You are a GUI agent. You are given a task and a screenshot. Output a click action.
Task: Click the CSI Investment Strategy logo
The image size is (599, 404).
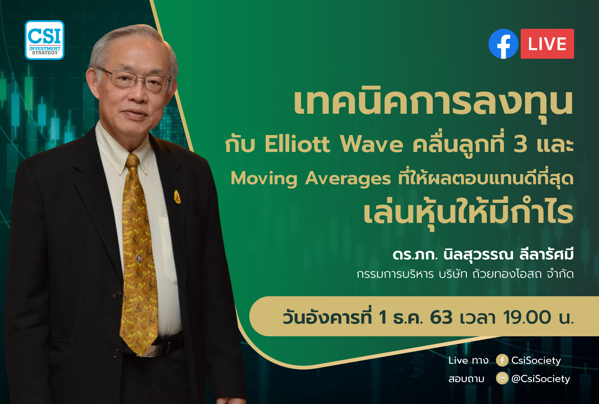pos(45,40)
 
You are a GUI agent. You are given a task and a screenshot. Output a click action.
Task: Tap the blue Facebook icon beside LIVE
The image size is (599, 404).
pos(503,44)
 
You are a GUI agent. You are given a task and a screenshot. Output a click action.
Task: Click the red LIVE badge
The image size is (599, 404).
pos(547,44)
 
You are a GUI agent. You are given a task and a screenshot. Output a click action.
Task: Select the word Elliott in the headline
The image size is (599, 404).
pos(297,144)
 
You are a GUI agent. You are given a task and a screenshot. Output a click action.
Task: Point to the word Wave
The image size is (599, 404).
pos(371,145)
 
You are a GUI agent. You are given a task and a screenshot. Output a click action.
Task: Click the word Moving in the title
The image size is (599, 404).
pos(264,179)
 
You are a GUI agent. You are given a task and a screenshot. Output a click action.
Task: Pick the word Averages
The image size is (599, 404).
pos(348,179)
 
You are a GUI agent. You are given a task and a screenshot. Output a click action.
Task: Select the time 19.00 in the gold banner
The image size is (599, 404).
pos(527,318)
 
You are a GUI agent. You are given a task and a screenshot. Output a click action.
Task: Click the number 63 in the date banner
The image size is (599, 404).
pos(441,318)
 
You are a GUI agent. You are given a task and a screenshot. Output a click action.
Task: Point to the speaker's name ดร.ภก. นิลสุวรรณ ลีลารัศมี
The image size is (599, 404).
pos(483,254)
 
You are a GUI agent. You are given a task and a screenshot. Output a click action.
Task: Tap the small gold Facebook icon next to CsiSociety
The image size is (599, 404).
pos(502,360)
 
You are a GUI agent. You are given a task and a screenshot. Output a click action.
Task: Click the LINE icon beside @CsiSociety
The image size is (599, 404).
pos(502,378)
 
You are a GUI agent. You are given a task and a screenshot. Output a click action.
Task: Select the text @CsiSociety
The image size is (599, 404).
pos(541,379)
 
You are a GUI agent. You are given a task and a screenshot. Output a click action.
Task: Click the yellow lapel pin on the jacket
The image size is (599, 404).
pos(177,197)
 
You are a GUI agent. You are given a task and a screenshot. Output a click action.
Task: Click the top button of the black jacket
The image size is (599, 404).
pos(117,295)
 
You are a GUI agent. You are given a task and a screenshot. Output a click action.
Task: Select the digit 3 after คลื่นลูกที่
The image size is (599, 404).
pos(521,144)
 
